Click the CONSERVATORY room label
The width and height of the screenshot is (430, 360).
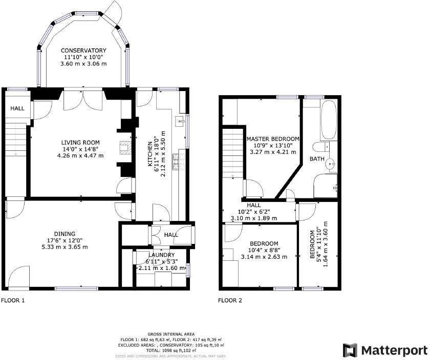[83, 50]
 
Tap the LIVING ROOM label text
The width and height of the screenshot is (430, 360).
[80, 143]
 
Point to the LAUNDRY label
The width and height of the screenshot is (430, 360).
[161, 255]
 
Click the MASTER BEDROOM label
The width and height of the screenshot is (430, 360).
[273, 139]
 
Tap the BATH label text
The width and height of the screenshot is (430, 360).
[316, 159]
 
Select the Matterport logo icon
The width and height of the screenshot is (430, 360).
[350, 350]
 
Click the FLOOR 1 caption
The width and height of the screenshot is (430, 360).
[13, 301]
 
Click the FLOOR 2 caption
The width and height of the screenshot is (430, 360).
[230, 301]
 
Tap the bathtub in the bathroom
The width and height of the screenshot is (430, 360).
[328, 120]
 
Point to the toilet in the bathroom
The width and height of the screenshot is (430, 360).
[320, 148]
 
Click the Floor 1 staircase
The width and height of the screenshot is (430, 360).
[16, 138]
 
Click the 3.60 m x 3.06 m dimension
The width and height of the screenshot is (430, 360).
[83, 64]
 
